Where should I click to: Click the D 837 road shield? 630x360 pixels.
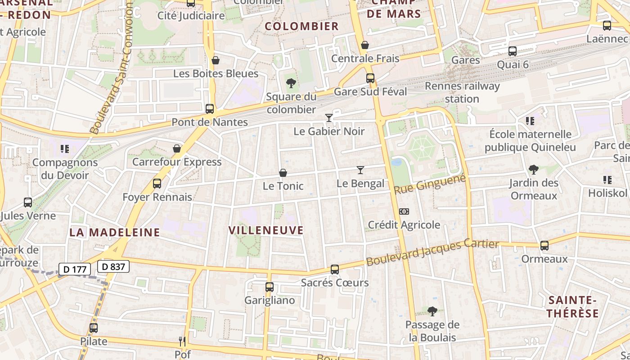click(113, 266)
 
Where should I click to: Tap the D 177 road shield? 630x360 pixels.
click(75, 270)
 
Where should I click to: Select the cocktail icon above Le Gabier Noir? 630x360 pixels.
click(329, 118)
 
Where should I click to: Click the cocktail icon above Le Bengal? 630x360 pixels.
click(360, 170)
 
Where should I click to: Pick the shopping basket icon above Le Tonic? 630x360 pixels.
click(283, 173)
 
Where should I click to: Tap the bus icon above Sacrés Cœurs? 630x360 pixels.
click(335, 270)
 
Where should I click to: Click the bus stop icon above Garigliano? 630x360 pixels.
click(270, 287)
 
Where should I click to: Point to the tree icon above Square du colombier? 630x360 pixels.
click(291, 83)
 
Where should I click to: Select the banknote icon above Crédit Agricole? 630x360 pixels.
click(404, 211)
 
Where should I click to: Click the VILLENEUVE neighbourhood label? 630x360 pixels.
click(266, 230)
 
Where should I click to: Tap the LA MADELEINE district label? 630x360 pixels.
click(115, 232)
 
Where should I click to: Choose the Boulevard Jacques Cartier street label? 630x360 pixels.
click(432, 253)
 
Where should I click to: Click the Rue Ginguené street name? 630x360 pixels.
click(429, 185)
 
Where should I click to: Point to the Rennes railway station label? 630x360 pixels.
click(462, 92)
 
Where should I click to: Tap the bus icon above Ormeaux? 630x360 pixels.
click(544, 246)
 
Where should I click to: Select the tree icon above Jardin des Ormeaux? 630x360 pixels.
click(534, 170)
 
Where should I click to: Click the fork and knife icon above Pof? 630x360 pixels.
click(182, 342)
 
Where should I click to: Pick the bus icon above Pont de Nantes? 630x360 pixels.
click(210, 109)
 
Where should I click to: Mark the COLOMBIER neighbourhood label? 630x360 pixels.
click(301, 26)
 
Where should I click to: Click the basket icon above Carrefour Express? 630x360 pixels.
click(177, 148)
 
